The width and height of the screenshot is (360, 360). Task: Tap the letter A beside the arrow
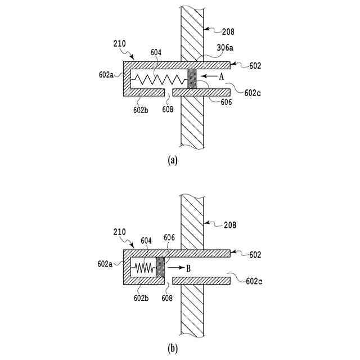[x=221, y=76]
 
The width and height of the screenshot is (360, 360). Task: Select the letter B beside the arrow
[x=188, y=268]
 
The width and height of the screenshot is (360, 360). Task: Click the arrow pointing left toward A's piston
[x=208, y=76]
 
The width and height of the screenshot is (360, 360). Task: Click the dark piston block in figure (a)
[x=191, y=78]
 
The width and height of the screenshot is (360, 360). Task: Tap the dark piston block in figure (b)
[x=160, y=267]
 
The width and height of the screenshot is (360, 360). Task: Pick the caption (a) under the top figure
[x=173, y=160]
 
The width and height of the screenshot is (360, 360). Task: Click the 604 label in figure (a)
[x=156, y=52]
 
